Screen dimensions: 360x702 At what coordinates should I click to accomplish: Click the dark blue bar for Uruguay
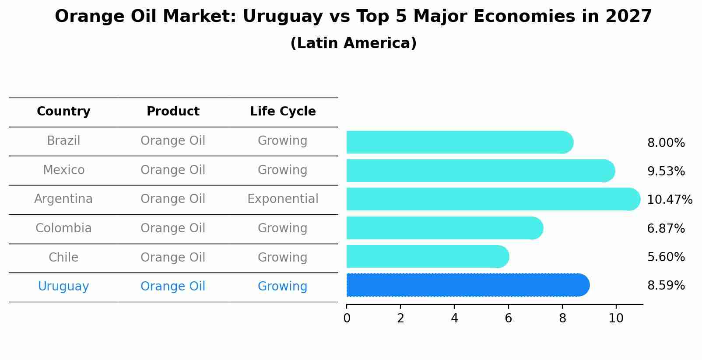[467, 285]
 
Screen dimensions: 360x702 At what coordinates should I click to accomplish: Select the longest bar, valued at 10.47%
[493, 199]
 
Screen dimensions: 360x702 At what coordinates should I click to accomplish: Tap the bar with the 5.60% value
[427, 256]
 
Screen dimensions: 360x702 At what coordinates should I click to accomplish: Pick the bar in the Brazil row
[460, 142]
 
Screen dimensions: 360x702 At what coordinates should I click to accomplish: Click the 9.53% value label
[666, 171]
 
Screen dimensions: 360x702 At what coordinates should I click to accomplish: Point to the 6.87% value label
[666, 228]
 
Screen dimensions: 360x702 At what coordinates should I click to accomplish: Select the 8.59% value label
[666, 286]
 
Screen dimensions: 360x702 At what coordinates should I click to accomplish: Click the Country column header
[63, 112]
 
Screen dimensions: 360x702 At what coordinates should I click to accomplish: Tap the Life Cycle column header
[283, 112]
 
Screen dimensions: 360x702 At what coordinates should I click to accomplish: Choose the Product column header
[173, 112]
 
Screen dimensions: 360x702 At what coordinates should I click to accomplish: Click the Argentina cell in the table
[63, 199]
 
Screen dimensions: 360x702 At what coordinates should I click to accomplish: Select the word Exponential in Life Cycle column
[283, 199]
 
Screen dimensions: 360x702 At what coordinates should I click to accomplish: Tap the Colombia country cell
[63, 228]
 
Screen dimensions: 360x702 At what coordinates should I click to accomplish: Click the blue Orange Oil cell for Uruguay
[173, 287]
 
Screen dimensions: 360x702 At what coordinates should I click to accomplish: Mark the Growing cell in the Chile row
[283, 257]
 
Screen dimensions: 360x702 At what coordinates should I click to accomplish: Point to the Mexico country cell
[63, 170]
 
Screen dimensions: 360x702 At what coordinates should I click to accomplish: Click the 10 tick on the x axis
[616, 318]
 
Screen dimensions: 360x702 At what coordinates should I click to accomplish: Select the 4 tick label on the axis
[454, 318]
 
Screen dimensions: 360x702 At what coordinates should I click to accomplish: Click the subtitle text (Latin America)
[353, 43]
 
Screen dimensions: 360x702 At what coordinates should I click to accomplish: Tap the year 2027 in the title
[628, 17]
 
